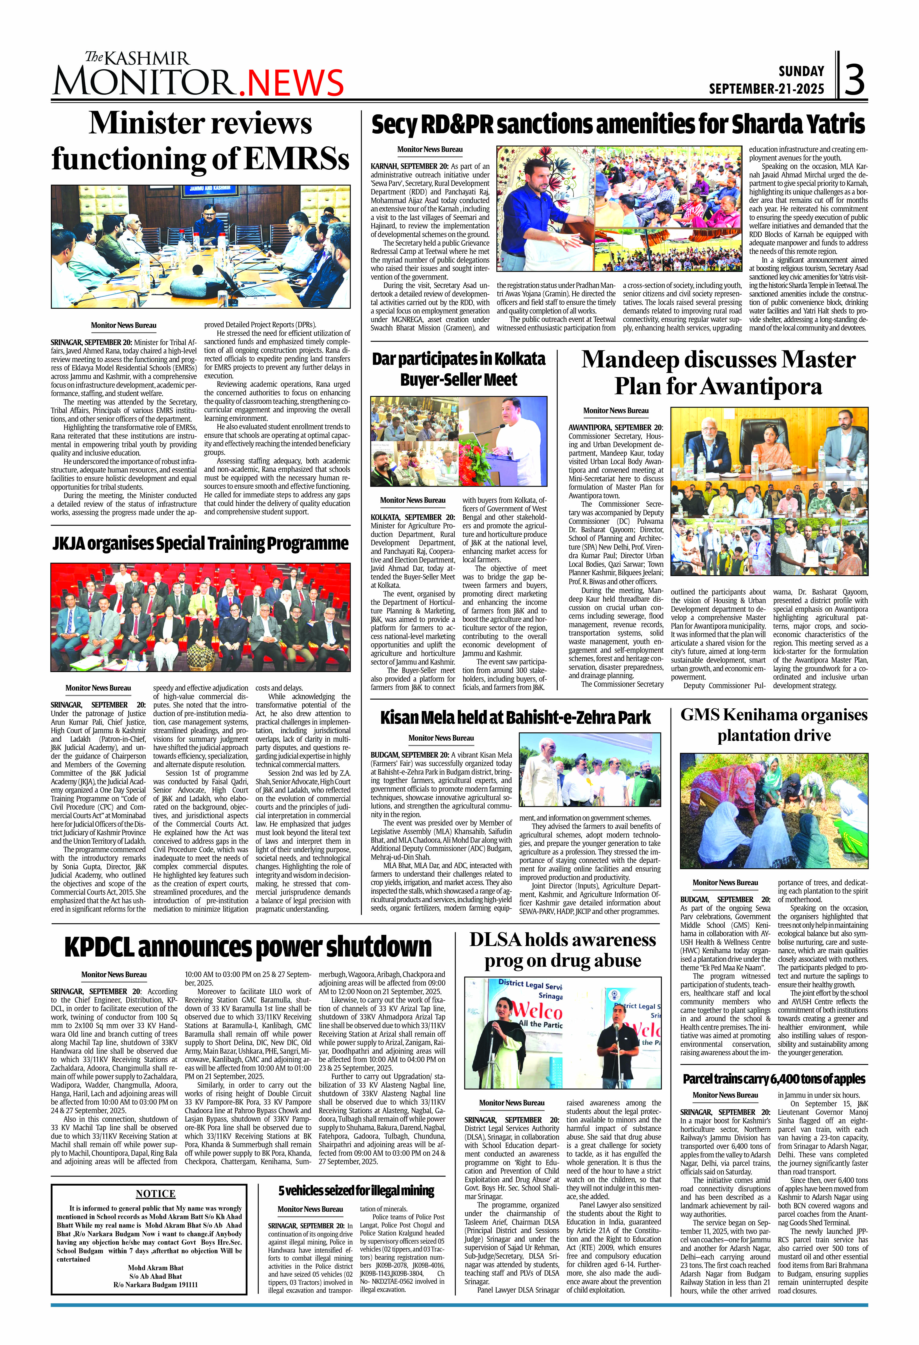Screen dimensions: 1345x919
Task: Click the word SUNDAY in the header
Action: (x=801, y=71)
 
